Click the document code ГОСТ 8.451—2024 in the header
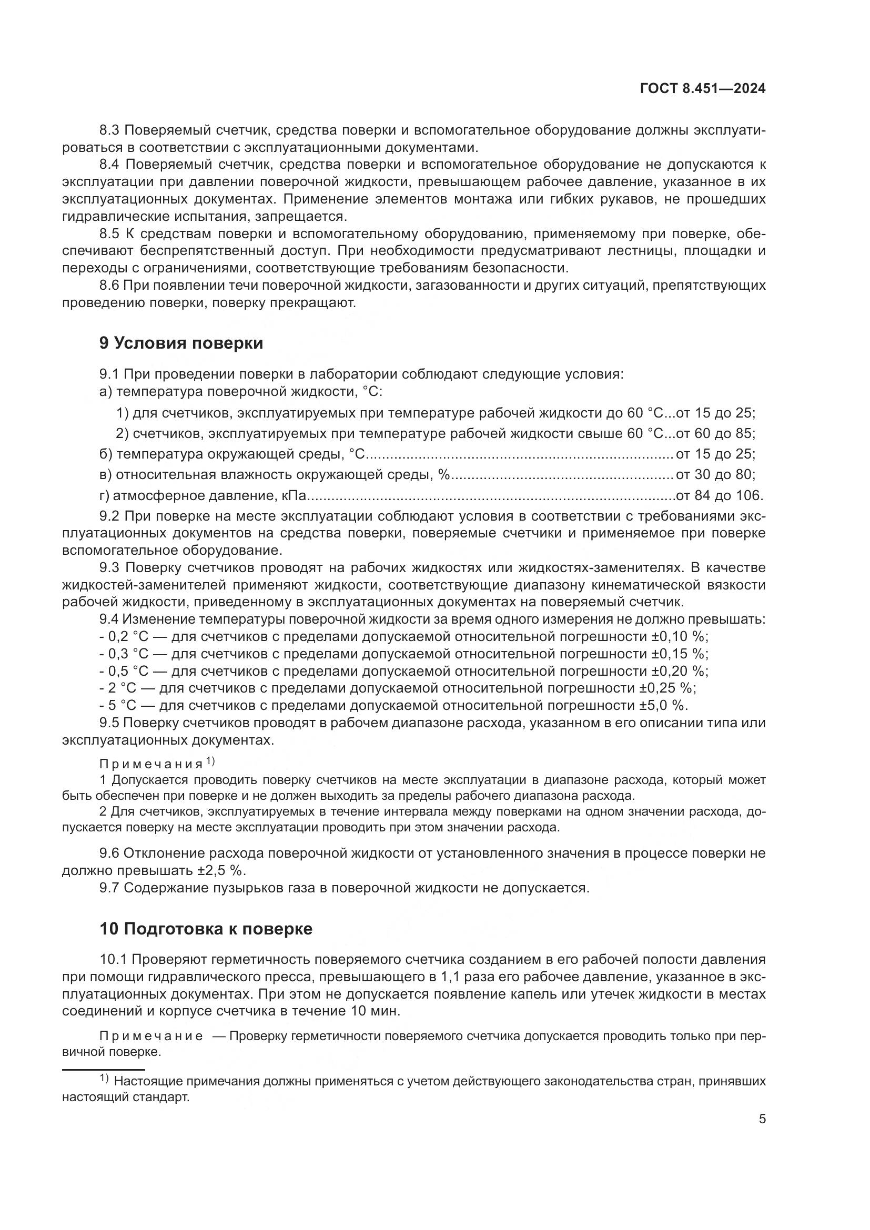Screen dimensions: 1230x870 click(702, 89)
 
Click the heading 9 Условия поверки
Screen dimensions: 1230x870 click(181, 343)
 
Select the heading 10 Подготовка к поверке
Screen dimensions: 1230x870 click(206, 928)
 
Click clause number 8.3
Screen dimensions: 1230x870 click(110, 130)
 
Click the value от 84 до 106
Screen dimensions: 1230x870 click(720, 495)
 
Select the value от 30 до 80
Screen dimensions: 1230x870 click(715, 475)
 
